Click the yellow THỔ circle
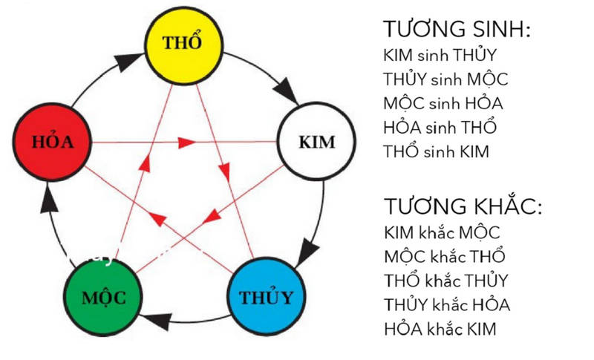(184, 46)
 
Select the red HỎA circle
(52, 142)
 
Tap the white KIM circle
(316, 141)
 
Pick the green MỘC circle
(103, 297)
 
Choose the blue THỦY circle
(267, 296)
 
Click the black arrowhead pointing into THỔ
(128, 61)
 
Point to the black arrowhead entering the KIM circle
(286, 91)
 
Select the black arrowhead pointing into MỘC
(156, 320)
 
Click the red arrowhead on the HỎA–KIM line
(187, 143)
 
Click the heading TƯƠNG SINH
(457, 29)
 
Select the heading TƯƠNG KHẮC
(463, 206)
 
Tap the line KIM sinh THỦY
(440, 56)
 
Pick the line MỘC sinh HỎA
(443, 104)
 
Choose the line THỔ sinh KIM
(436, 151)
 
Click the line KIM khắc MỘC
(442, 232)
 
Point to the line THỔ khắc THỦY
(446, 281)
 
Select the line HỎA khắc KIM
(440, 328)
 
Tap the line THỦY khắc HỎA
(447, 305)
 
